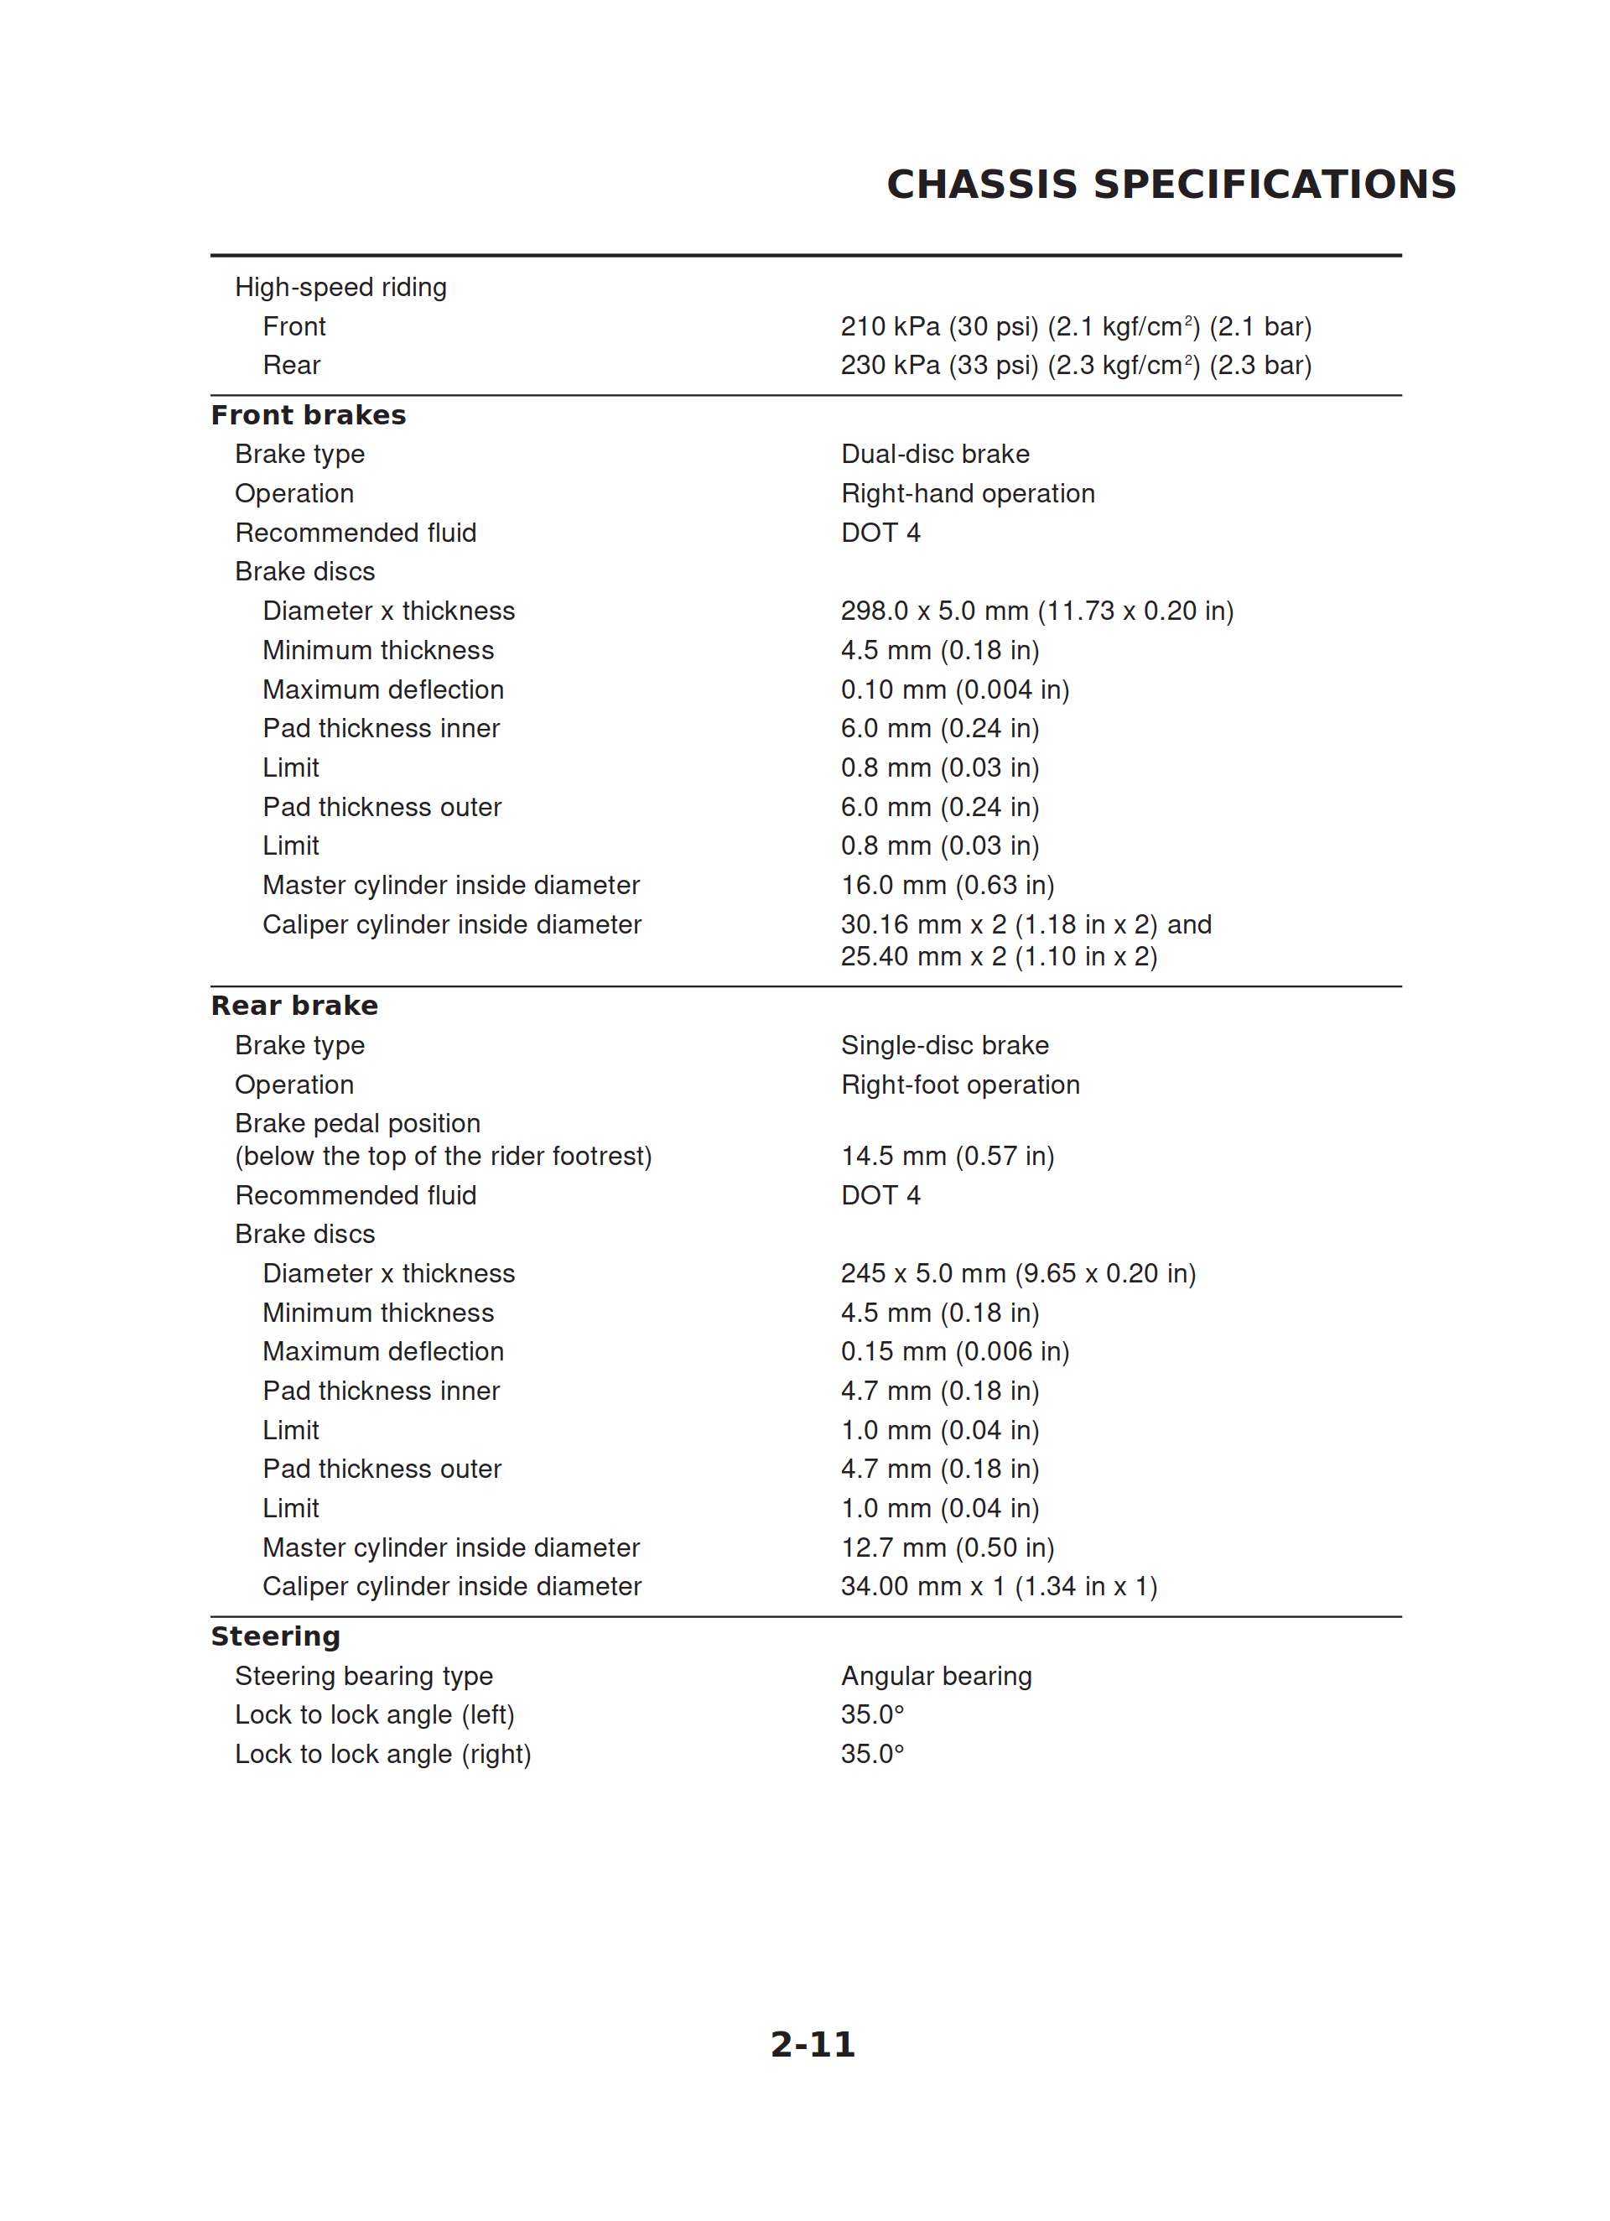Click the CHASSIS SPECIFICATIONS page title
pos(1171,184)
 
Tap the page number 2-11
pos(812,2044)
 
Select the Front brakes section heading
pos(309,415)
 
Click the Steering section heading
pos(276,1636)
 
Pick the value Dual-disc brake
pos(935,455)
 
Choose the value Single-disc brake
pos(944,1046)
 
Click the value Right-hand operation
pos(968,493)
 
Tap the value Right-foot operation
pos(960,1085)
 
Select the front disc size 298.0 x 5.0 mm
pos(1037,611)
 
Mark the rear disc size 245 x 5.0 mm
pos(1017,1273)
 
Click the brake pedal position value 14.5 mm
pos(947,1157)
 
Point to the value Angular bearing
pos(936,1677)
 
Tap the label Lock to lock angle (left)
pos(375,1714)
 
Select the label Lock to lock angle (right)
pos(383,1754)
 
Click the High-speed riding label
pos(340,287)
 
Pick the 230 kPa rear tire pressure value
pos(1075,365)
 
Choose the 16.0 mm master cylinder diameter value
pos(947,885)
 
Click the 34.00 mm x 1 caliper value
pos(999,1586)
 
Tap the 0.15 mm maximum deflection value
pos(955,1351)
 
